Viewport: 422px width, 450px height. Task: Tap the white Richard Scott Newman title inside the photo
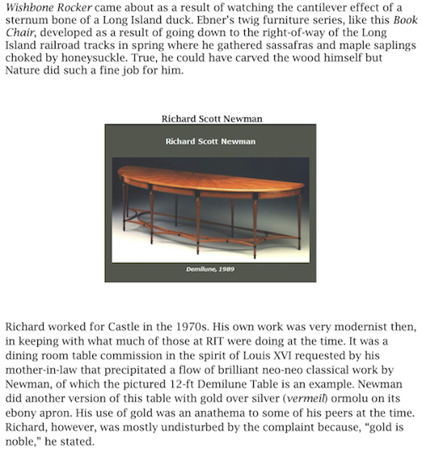pos(210,141)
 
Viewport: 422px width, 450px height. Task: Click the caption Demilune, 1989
pos(210,270)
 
